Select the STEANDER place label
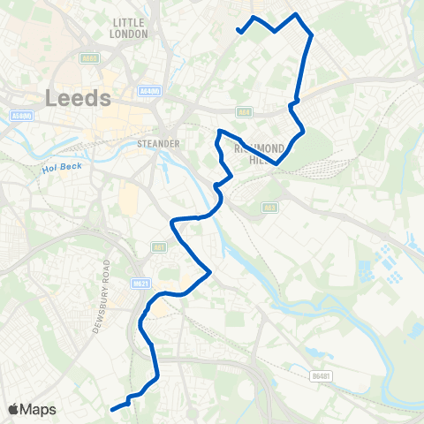[x=160, y=143]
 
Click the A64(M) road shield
[x=150, y=91]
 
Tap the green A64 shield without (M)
[x=245, y=112]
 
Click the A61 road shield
[x=159, y=247]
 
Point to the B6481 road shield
[x=320, y=375]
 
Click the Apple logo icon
[x=14, y=409]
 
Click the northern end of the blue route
[x=238, y=32]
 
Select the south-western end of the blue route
[x=112, y=409]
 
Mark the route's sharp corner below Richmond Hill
[x=277, y=163]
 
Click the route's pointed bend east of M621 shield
[x=208, y=273]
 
